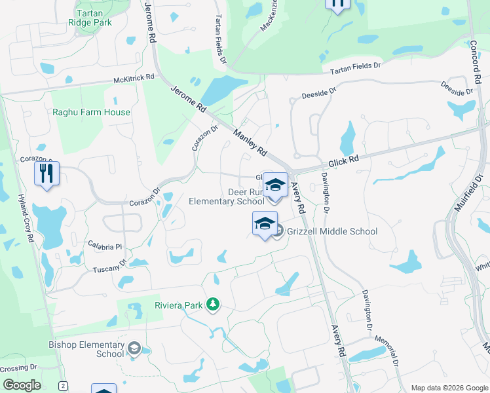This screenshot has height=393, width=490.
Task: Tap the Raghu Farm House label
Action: point(92,112)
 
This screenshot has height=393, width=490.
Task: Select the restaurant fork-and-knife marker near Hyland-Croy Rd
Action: point(47,174)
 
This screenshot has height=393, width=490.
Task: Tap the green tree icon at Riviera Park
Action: point(212,304)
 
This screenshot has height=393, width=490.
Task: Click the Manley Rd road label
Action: point(250,141)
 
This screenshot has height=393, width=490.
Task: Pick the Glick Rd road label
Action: point(343,160)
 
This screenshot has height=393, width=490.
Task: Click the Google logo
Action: point(22,385)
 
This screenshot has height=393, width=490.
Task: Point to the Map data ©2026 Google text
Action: point(449,388)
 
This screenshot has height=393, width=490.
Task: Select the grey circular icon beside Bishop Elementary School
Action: point(134,348)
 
